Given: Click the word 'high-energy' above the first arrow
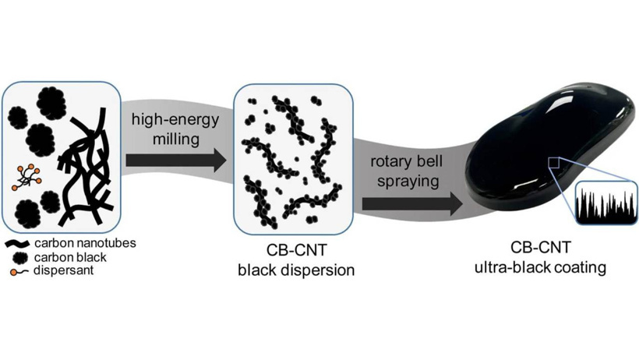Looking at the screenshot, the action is click(x=175, y=120).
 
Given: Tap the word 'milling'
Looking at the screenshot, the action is click(x=176, y=139).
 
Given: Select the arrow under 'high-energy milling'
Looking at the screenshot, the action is click(x=175, y=161).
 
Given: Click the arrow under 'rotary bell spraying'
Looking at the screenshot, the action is click(x=412, y=203).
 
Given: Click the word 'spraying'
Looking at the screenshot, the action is click(x=408, y=181).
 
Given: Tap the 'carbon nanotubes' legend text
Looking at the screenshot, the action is click(x=85, y=243).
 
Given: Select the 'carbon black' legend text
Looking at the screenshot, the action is click(x=70, y=258).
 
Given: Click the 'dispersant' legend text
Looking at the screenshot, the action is click(x=64, y=270).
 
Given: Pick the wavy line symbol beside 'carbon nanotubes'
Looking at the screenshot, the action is click(x=17, y=244).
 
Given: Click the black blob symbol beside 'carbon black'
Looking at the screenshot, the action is click(x=20, y=258).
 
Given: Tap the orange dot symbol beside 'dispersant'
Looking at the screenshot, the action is click(x=14, y=272).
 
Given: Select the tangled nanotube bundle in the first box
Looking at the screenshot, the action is click(x=86, y=168).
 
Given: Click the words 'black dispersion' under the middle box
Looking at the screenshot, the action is click(x=296, y=270).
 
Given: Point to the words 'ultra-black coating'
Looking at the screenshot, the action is click(x=540, y=268).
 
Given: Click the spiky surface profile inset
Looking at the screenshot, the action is click(x=606, y=203).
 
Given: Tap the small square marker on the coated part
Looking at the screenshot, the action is click(x=554, y=163).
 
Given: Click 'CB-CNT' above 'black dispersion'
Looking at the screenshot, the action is click(x=297, y=250).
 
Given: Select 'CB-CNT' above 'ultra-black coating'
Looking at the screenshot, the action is click(x=541, y=248).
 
